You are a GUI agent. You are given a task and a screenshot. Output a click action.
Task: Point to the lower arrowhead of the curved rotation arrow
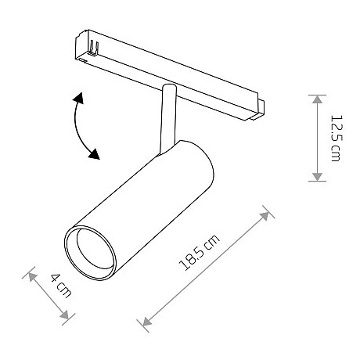pos(94,154)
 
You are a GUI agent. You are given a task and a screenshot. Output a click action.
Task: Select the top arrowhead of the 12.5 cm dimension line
pos(317,98)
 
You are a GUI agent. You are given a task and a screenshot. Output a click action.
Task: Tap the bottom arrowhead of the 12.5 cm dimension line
pos(317,178)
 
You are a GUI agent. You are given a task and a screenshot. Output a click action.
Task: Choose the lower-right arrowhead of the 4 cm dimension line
pos(68,315)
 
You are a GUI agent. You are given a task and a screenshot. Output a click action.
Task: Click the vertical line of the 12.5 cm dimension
pos(317,138)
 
